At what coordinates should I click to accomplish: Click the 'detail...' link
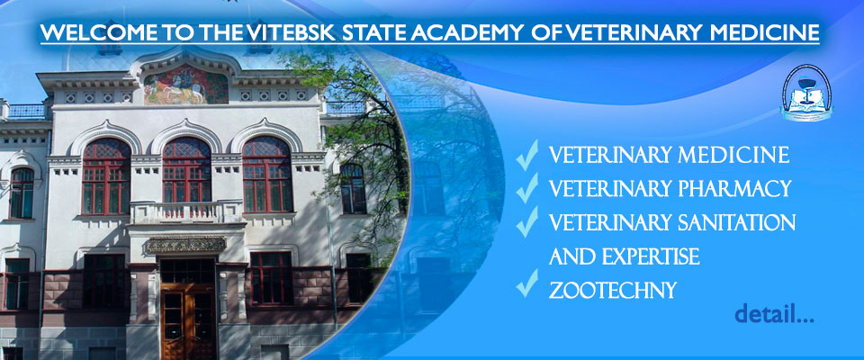pos(774,314)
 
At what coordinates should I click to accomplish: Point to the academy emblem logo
pos(806,91)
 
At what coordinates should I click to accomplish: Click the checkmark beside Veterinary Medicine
pos(526,155)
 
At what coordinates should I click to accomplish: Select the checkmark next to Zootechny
pos(526,283)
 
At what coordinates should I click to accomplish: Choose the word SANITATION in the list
pos(734,222)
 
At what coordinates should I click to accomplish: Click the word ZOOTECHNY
pos(613,290)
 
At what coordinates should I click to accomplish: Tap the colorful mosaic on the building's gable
pos(185,85)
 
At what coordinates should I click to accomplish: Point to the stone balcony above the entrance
pos(186,213)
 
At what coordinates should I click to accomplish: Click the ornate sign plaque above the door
pos(185,244)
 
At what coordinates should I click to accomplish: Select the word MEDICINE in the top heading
pos(764,32)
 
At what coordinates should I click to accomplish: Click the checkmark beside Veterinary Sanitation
pos(526,221)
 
